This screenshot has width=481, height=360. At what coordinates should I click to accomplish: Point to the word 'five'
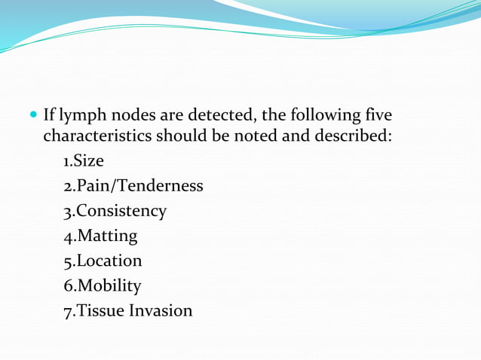376,117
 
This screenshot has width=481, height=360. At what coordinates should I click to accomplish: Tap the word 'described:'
355,137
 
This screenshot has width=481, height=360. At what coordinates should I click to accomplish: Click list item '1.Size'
84,161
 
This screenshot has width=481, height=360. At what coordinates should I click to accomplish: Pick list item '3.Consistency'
115,211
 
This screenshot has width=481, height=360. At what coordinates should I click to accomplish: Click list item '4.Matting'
101,236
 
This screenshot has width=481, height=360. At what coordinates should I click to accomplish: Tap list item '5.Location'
103,261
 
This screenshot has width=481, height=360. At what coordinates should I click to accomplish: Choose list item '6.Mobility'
103,285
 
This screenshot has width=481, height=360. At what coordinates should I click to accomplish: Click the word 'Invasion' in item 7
162,310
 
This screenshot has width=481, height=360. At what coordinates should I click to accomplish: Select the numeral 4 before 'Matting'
68,236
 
